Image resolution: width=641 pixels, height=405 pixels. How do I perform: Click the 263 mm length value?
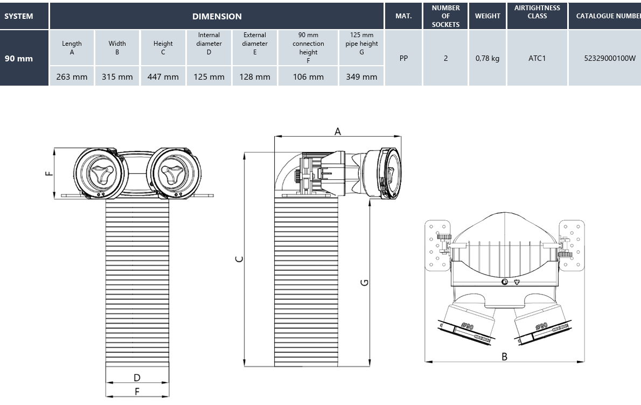tap(72, 76)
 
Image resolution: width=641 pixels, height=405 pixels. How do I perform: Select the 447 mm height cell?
tap(163, 76)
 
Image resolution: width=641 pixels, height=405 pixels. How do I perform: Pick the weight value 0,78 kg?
tap(487, 58)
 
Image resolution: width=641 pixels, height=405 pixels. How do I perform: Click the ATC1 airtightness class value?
tap(537, 58)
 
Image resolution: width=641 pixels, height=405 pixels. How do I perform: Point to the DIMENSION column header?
tap(217, 16)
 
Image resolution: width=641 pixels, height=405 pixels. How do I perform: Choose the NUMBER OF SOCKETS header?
tap(445, 16)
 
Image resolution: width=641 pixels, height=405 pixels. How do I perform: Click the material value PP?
tap(403, 58)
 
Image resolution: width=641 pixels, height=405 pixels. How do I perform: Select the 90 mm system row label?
tap(19, 58)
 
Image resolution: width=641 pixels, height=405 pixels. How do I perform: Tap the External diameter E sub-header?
tap(255, 44)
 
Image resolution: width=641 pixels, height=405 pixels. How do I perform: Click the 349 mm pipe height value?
tap(361, 76)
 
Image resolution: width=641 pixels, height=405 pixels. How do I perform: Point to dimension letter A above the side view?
tap(338, 131)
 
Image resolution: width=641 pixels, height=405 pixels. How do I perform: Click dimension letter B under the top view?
tap(504, 357)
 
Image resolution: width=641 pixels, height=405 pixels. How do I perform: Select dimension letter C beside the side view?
tap(239, 259)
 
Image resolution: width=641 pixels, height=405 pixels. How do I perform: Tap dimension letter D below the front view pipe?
tap(137, 378)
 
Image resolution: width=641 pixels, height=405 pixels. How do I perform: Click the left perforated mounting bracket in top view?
tap(437, 245)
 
